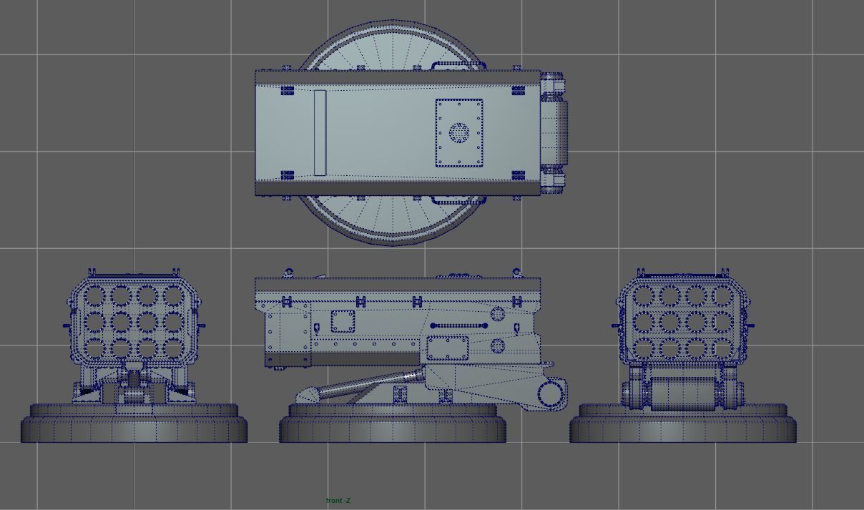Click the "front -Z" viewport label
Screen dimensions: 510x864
[338, 501]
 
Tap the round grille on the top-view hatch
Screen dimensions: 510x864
[458, 132]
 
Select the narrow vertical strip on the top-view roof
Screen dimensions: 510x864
[320, 132]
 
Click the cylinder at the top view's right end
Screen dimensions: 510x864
[556, 132]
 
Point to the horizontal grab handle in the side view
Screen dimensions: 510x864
[458, 325]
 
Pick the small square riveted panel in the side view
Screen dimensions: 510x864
[343, 321]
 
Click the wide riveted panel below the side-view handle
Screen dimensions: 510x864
[447, 348]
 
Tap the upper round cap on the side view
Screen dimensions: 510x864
[499, 313]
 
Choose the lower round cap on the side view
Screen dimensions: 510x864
[499, 346]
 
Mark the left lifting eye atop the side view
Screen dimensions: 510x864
[288, 273]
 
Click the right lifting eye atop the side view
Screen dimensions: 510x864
[516, 273]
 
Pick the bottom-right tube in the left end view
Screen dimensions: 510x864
[173, 348]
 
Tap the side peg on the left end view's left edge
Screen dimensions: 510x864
[66, 326]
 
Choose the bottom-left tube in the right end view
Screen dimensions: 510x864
[643, 348]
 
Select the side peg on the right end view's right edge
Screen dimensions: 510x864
[750, 325]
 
